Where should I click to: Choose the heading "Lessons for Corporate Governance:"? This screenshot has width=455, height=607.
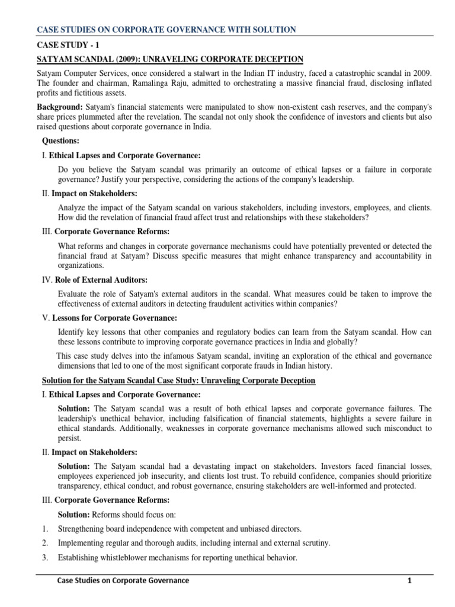click(113, 318)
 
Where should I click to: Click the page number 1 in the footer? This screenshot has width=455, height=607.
click(409, 580)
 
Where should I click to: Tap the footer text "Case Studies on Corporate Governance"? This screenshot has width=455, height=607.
click(123, 580)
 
